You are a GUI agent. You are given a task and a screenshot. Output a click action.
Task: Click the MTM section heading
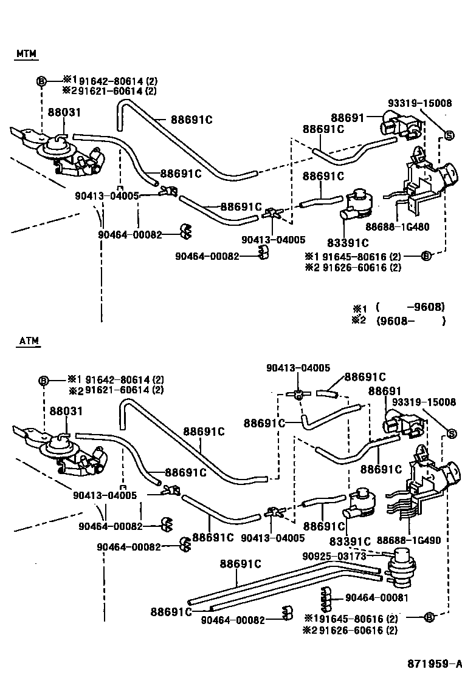[26, 54]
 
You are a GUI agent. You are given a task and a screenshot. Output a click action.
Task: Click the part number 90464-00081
[376, 598]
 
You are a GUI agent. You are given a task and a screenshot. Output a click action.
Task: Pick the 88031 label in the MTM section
[64, 112]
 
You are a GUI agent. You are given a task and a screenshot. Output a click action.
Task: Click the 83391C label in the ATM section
[350, 541]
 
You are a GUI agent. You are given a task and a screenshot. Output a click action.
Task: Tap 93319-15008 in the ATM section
[423, 402]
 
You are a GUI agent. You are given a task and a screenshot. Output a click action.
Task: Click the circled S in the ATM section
[452, 433]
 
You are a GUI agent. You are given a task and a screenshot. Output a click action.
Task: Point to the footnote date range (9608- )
[410, 321]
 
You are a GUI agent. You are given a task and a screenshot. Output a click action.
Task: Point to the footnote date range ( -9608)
[410, 307]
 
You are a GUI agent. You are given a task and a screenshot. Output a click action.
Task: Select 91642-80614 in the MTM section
[108, 79]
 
